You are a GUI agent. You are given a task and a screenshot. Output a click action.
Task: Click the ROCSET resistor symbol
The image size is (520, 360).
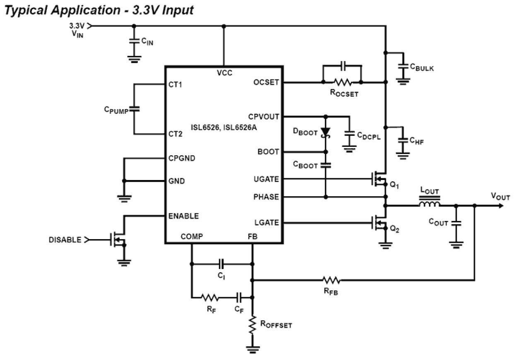click(342, 82)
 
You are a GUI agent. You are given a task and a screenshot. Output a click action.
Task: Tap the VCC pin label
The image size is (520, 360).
click(224, 73)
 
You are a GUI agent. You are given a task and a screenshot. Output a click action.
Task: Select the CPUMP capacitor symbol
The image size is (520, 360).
click(134, 109)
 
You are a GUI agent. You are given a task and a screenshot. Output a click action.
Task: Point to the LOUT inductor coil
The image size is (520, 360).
click(429, 205)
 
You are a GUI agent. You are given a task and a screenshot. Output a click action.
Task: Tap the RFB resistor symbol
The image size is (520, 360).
click(331, 281)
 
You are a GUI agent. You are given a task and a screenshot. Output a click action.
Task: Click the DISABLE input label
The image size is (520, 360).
click(65, 240)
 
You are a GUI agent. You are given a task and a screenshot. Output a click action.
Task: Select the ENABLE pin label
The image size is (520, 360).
click(183, 216)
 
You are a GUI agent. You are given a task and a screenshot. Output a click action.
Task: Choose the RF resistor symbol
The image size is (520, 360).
click(209, 297)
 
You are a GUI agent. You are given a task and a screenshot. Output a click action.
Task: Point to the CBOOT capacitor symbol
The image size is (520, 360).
click(326, 165)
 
